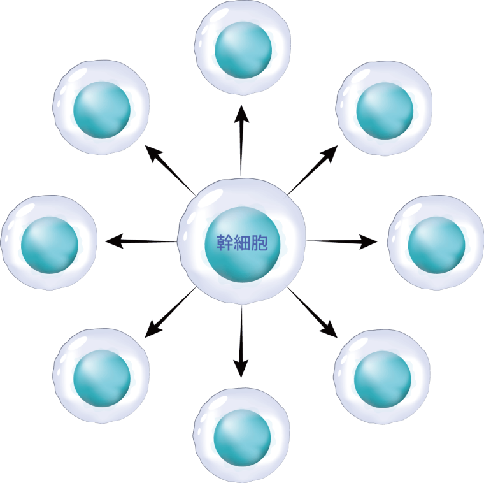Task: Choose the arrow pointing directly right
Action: coord(344,241)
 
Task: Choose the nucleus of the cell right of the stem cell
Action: coord(436,243)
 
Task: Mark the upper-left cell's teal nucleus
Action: coord(101,108)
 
